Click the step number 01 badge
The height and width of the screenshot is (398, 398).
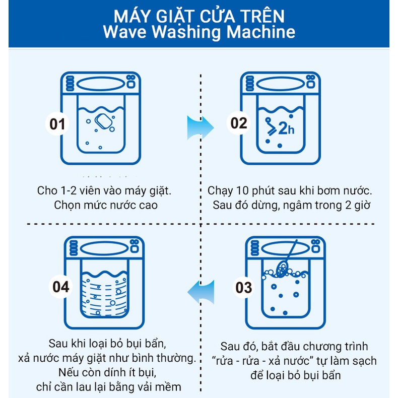tap(57, 123)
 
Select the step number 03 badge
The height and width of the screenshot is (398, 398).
tap(244, 288)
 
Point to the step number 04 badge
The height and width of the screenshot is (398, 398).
tap(61, 287)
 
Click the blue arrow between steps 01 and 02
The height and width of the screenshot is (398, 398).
tap(197, 127)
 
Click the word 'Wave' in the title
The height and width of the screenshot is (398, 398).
tap(124, 32)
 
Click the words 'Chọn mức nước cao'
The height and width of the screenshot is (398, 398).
tap(105, 205)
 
